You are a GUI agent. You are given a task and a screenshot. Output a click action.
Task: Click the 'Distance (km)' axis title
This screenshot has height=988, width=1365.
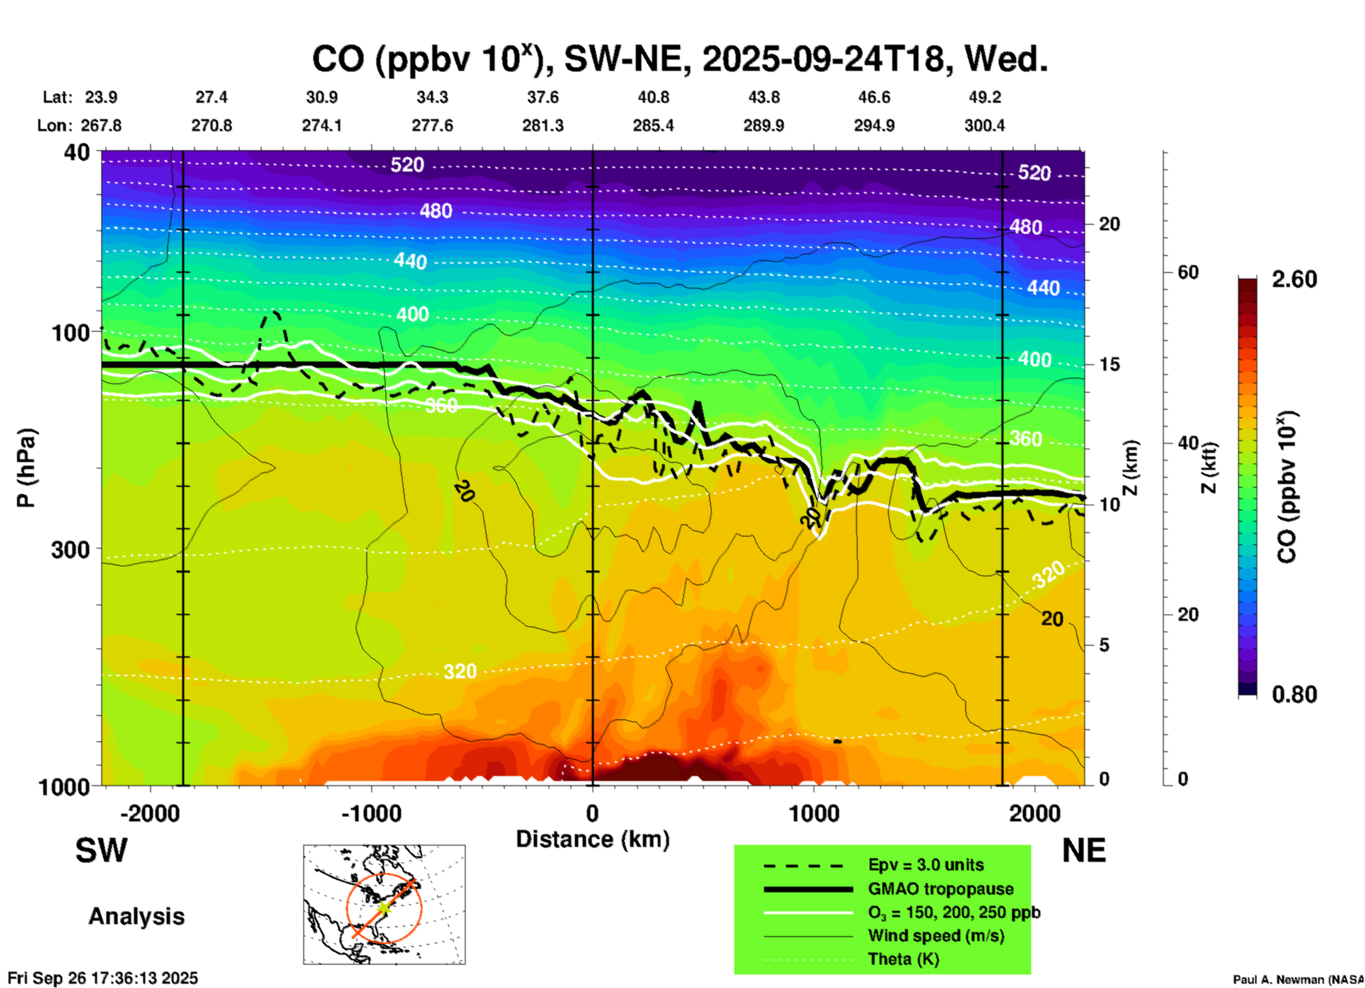click(592, 839)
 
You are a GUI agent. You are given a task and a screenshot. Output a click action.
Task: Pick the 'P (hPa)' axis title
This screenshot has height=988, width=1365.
click(26, 468)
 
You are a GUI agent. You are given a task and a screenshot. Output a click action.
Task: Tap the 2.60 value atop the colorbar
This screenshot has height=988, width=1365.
click(1294, 279)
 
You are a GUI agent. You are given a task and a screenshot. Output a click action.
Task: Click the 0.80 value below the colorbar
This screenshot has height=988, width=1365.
click(1294, 695)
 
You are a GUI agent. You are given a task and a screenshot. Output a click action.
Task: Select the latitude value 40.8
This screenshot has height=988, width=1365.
click(653, 97)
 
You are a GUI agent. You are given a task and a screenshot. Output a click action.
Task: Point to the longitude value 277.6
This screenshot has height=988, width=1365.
click(432, 125)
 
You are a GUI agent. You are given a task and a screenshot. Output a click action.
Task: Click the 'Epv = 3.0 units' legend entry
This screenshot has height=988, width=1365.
click(926, 865)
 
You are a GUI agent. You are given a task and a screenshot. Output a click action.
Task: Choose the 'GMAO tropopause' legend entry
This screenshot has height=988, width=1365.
click(940, 889)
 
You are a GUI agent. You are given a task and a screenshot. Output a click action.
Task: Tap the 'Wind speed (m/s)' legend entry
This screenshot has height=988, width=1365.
click(936, 936)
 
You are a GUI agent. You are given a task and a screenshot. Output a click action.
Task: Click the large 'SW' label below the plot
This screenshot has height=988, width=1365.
click(101, 851)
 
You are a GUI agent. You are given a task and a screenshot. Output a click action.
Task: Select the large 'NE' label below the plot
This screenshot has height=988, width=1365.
click(1084, 851)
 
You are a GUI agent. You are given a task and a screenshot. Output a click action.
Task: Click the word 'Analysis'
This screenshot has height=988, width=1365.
click(136, 916)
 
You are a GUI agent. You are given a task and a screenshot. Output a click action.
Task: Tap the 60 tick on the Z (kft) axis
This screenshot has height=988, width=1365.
click(1188, 273)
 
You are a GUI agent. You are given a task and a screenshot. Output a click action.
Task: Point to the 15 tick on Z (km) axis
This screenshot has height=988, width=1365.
click(1109, 364)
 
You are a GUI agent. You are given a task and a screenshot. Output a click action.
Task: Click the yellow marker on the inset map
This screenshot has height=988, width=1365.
click(383, 907)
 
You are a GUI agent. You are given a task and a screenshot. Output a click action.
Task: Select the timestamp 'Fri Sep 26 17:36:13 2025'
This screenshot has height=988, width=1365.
click(103, 978)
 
